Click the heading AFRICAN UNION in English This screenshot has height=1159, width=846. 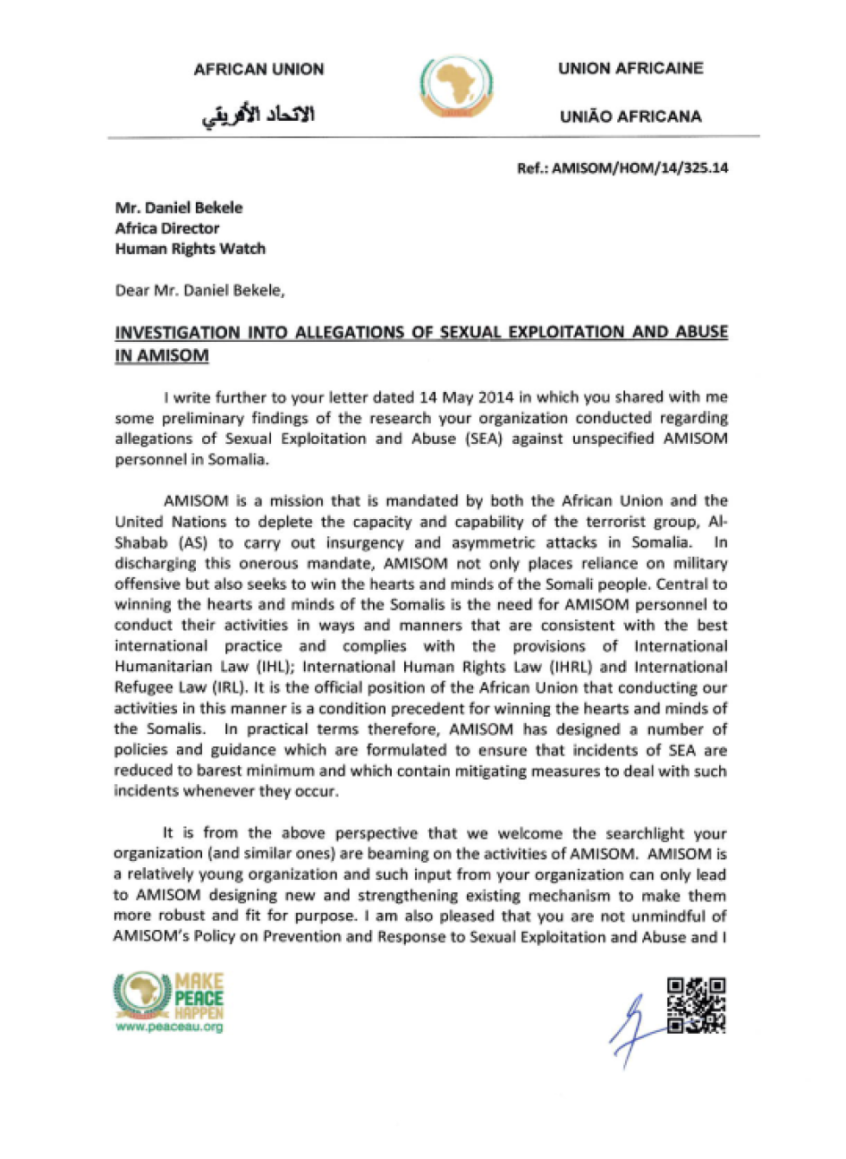258,70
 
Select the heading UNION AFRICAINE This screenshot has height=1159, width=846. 630,69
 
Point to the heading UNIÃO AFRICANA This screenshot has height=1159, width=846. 630,116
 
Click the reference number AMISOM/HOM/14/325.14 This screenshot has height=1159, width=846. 639,167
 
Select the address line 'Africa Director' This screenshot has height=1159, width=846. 167,228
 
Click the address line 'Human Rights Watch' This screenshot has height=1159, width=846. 190,249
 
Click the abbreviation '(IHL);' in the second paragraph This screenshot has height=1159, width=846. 270,667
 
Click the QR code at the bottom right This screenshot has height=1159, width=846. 697,1006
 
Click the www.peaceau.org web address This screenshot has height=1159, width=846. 169,1027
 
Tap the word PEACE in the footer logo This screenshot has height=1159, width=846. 199,998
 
